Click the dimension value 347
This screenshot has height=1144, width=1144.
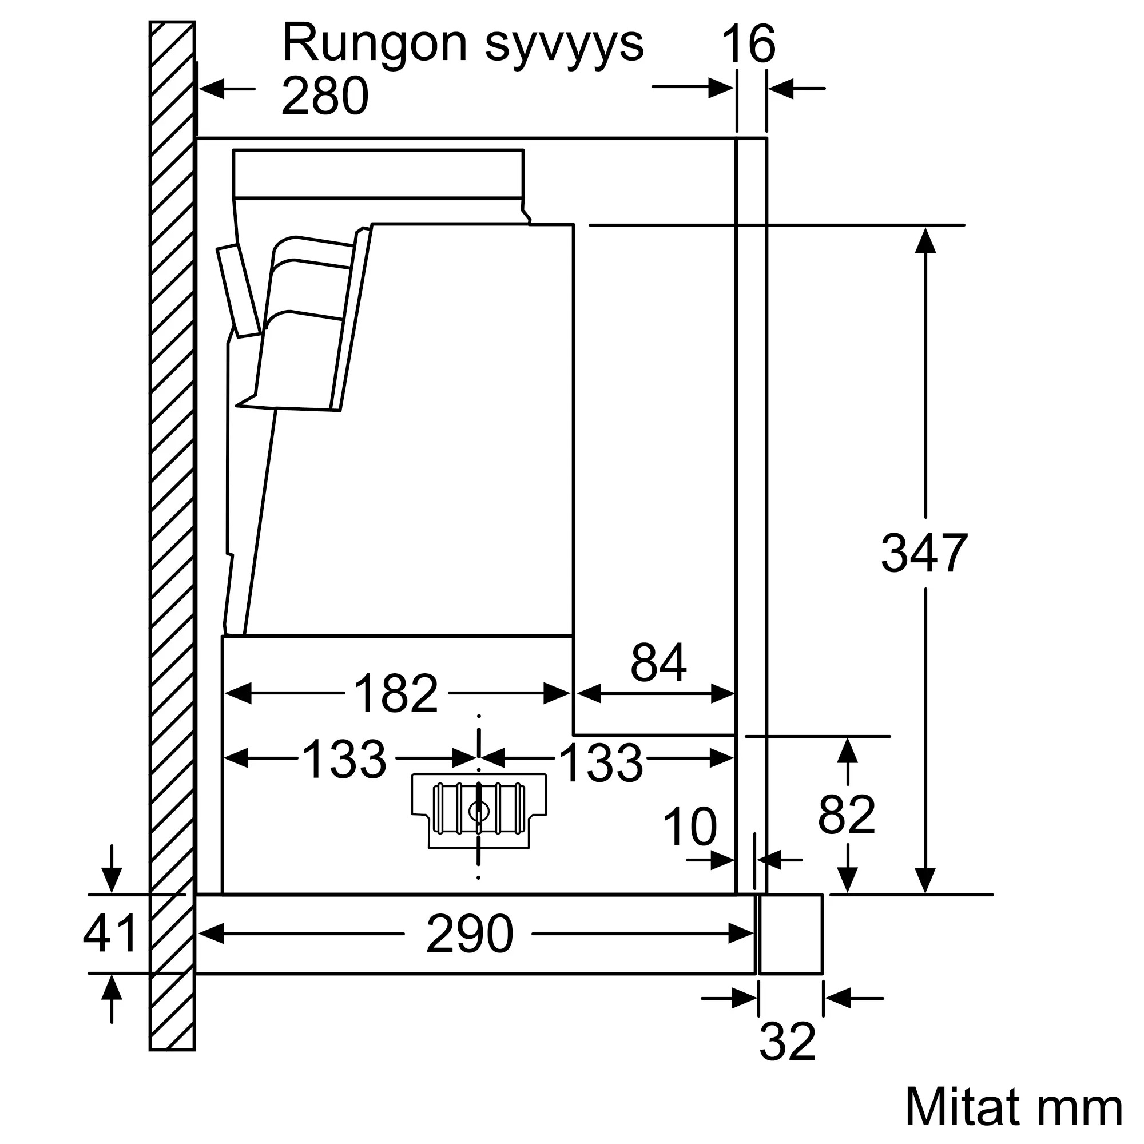pyautogui.click(x=924, y=553)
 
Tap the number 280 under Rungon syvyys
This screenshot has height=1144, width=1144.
pyautogui.click(x=324, y=96)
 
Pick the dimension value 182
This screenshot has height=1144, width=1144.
pyautogui.click(x=396, y=693)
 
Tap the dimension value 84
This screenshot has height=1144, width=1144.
pyautogui.click(x=658, y=662)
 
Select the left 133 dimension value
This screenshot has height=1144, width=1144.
pyautogui.click(x=344, y=759)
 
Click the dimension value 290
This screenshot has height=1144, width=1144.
pyautogui.click(x=469, y=934)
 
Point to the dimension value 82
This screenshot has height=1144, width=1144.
pyautogui.click(x=846, y=815)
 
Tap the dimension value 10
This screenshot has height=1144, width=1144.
pyautogui.click(x=690, y=827)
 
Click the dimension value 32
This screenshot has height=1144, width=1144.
pyautogui.click(x=787, y=1042)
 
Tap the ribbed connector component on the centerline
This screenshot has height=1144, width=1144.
pyautogui.click(x=478, y=809)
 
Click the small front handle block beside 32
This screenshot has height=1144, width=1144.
pyautogui.click(x=791, y=934)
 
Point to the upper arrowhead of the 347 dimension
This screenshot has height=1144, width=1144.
pyautogui.click(x=925, y=240)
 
